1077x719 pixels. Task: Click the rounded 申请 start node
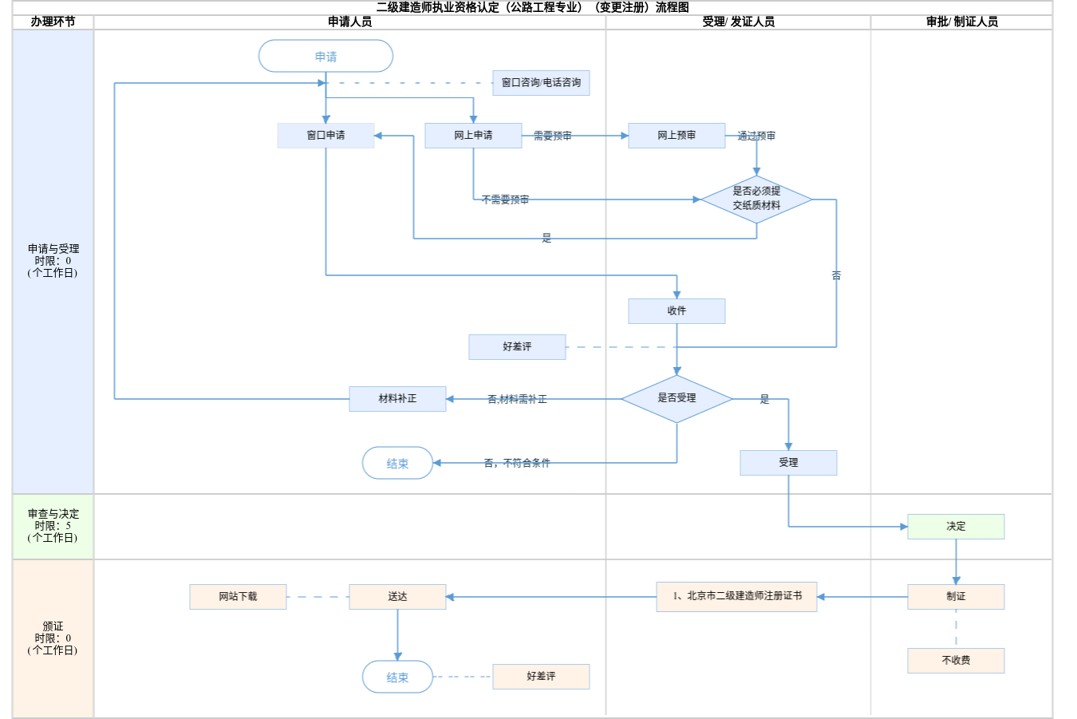click(x=325, y=57)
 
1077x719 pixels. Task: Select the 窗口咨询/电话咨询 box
click(x=541, y=83)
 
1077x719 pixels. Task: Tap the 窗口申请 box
click(x=325, y=136)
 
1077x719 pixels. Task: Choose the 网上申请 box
click(x=473, y=136)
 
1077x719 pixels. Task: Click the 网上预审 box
click(x=677, y=136)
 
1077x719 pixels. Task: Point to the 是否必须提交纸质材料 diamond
click(x=756, y=199)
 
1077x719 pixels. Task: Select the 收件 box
click(x=677, y=311)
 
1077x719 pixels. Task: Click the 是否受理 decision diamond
click(x=677, y=398)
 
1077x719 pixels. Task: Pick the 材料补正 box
click(x=397, y=399)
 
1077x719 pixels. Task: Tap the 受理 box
click(x=788, y=463)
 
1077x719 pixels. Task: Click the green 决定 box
click(x=956, y=527)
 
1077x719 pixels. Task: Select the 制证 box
click(x=956, y=597)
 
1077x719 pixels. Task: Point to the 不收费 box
click(x=956, y=661)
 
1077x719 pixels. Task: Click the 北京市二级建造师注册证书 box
click(x=736, y=596)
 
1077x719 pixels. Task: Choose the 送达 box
click(x=397, y=597)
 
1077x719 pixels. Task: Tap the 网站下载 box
click(x=238, y=597)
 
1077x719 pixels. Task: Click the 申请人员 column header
click(x=349, y=22)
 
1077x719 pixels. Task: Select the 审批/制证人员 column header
click(x=961, y=22)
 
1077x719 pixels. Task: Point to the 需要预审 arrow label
click(x=552, y=136)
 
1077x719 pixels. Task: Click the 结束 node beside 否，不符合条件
click(x=397, y=463)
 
